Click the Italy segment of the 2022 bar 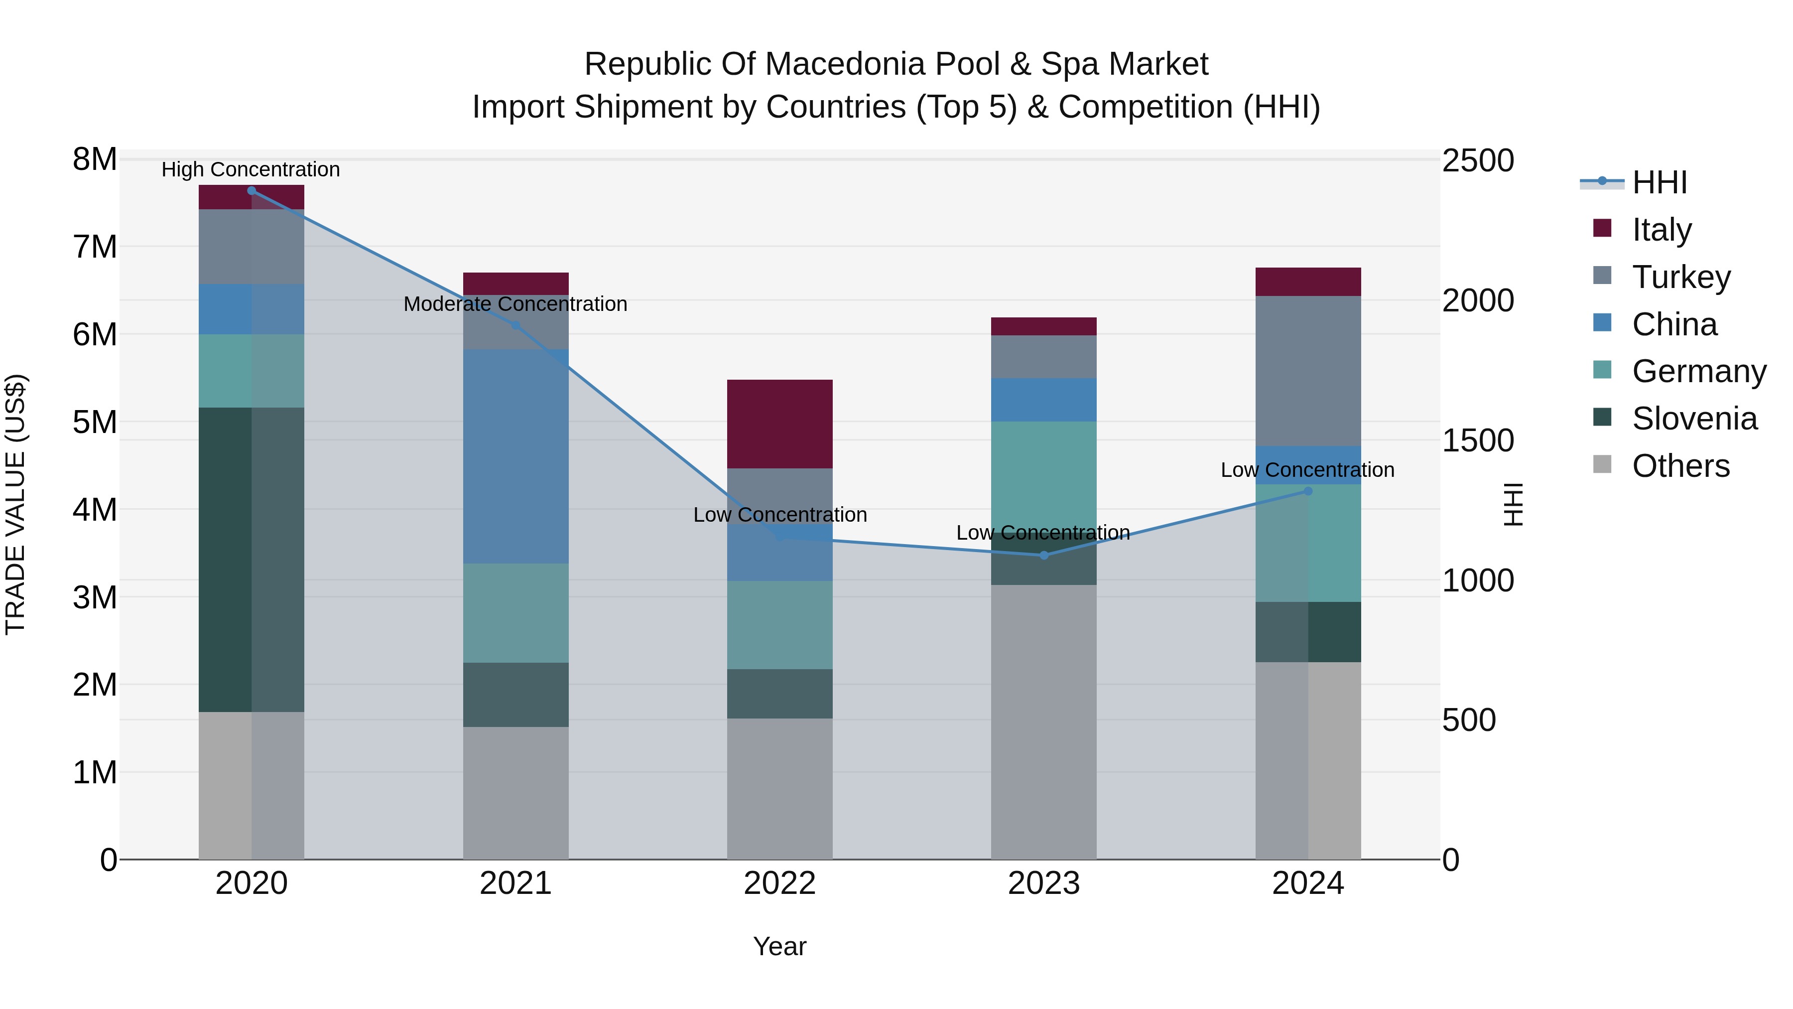[779, 424]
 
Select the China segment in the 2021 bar [516, 456]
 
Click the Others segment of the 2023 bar [1043, 721]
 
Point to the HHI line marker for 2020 [252, 191]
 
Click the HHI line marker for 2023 [1043, 555]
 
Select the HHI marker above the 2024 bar [1308, 491]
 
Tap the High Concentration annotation [251, 169]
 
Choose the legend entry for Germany [1698, 371]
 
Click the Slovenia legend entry [1694, 419]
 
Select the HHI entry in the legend [1660, 182]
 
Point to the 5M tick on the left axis [95, 421]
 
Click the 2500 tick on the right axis [1478, 161]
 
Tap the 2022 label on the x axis [779, 883]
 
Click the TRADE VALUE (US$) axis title [15, 504]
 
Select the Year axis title [779, 946]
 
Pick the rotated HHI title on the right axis [1513, 504]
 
